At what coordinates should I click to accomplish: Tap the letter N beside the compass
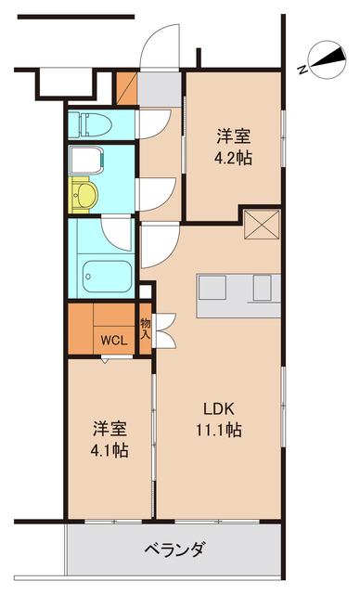[x=302, y=69]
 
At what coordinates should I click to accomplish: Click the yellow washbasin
[x=86, y=195]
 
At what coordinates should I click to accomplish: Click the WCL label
[x=114, y=340]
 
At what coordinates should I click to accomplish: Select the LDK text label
[x=220, y=407]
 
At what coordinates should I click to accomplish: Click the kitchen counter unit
[x=238, y=291]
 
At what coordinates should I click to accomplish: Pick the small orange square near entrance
[x=126, y=88]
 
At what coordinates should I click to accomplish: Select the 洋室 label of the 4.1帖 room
[x=109, y=429]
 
